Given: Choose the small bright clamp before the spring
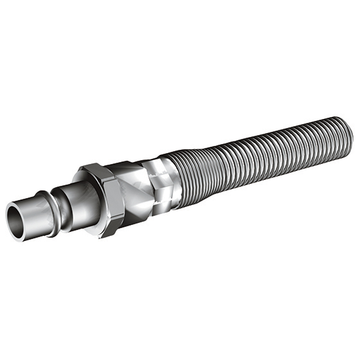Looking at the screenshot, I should point(161,177).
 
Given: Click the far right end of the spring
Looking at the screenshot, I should point(350,131).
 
